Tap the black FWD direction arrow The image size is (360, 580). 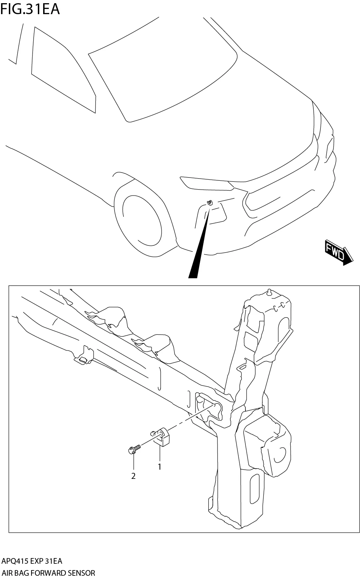(x=338, y=252)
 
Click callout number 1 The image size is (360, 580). (x=159, y=467)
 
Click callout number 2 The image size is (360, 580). (x=133, y=476)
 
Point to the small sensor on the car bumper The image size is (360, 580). (x=210, y=203)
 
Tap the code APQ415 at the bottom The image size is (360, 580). (x=15, y=561)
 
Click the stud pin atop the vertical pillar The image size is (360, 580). (x=270, y=292)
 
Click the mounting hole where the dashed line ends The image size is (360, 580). (x=213, y=406)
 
